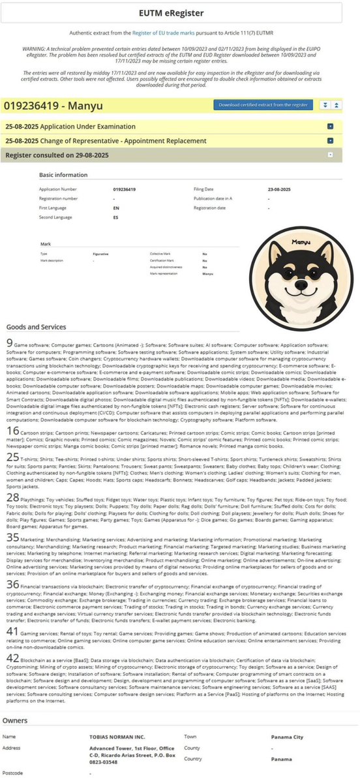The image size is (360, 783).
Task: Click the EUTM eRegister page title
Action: pos(179,12)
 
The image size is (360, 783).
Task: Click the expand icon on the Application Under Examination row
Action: pos(331,126)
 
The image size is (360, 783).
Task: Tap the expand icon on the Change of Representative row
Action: pos(331,140)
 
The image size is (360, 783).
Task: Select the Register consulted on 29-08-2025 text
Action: pos(57,155)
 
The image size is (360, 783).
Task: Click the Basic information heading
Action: pos(63,175)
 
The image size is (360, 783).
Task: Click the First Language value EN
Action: pos(115,207)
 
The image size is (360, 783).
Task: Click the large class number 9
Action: pos(8,343)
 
